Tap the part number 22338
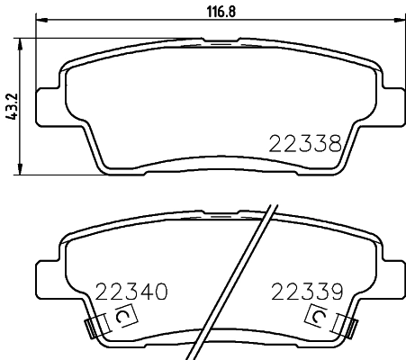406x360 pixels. click(304, 143)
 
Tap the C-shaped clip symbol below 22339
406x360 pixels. click(317, 317)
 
